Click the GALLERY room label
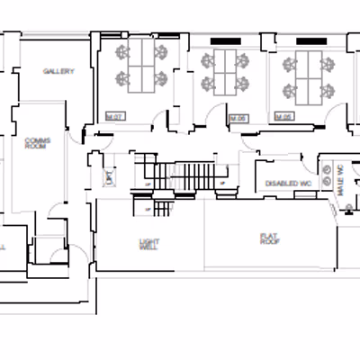click(x=58, y=71)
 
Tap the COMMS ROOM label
click(x=37, y=145)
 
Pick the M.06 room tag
click(x=238, y=118)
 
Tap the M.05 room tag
click(x=283, y=117)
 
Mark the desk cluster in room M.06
click(x=226, y=72)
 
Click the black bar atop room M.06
click(x=225, y=41)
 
